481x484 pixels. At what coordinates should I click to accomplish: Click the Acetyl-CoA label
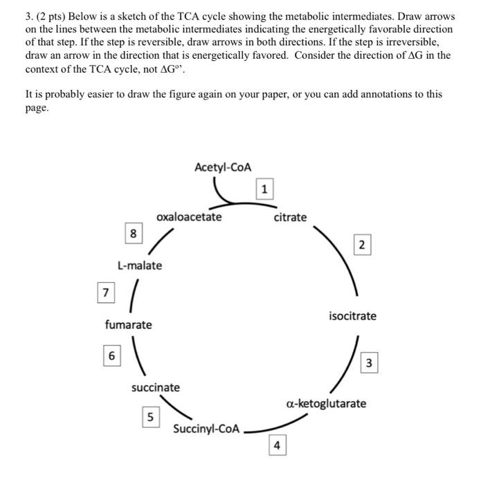[x=223, y=167]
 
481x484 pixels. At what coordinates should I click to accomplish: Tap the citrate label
[x=289, y=217]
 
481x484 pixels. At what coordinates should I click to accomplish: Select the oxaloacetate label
[x=189, y=217]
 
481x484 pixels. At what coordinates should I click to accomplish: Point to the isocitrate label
[x=352, y=316]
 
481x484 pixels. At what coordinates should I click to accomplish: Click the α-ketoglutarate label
[x=326, y=403]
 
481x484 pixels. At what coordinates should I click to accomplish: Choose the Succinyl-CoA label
[x=206, y=429]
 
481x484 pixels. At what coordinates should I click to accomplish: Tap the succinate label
[x=155, y=387]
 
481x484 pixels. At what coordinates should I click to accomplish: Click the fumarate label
[x=128, y=324]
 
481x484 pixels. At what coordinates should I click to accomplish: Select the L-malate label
[x=140, y=266]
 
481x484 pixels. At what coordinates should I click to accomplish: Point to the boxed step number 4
[x=277, y=446]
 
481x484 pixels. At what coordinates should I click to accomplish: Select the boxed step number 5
[x=150, y=417]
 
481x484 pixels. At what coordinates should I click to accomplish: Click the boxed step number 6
[x=110, y=356]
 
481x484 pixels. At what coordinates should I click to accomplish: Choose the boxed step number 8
[x=132, y=234]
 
